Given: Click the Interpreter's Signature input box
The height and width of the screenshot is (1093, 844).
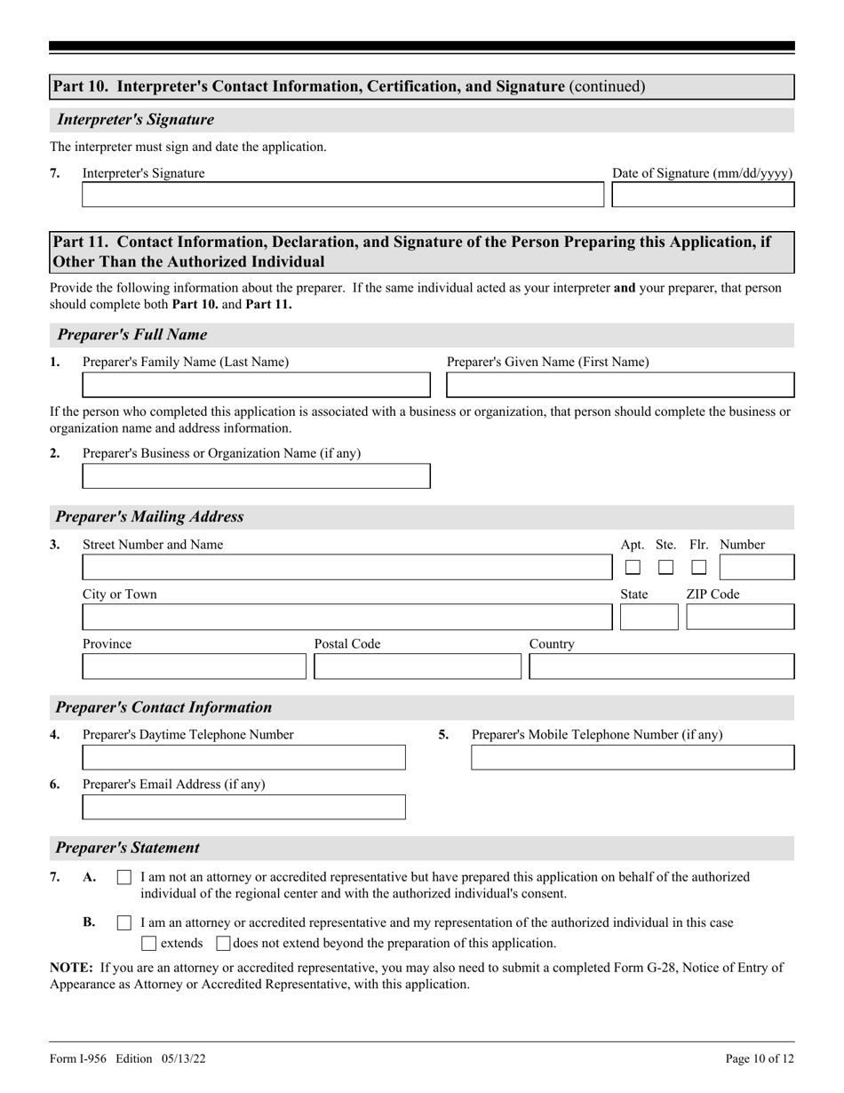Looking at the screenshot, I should point(342,195).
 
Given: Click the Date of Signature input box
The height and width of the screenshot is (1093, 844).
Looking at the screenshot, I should point(703,195).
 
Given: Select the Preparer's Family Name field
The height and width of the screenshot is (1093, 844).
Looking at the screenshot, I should point(256,385).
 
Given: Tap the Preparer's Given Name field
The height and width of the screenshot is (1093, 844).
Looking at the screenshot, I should point(619,385).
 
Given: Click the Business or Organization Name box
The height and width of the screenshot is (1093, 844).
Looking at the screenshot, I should point(256,476).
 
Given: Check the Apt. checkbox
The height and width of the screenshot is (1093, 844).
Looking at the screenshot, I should point(633,567).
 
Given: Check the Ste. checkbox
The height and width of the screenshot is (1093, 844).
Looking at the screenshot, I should point(665,567).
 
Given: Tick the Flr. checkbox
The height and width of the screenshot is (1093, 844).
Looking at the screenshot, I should point(699,567).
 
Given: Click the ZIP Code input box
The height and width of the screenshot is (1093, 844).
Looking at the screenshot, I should point(740,617).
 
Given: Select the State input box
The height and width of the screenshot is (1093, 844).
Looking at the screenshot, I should point(649,617).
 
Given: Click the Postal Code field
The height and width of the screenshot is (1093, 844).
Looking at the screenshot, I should point(417,666).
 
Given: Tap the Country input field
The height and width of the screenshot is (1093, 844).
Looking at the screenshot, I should point(661,666).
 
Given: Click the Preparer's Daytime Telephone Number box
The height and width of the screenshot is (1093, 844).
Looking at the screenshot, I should point(243,757).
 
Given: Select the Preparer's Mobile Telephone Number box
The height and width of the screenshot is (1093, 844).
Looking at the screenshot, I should point(632,757).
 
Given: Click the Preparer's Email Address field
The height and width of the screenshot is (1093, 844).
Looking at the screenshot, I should point(243,807).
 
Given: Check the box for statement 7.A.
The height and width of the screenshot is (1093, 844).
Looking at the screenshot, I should point(124,877).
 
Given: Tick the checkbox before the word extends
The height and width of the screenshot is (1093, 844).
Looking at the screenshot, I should point(149,943).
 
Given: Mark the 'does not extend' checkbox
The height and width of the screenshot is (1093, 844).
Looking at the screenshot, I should point(224,943).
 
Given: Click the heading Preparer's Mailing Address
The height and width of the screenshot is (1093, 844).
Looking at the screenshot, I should point(149,516).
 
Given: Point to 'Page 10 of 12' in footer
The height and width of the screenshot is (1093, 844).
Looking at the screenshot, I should point(760,1058).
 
